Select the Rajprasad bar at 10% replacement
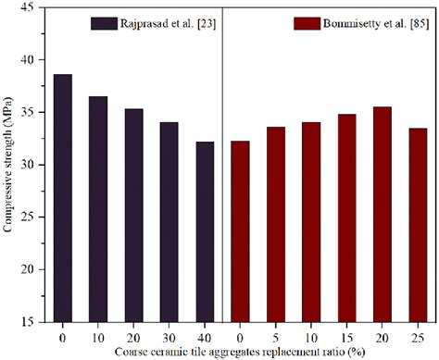97,208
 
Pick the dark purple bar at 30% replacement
169,221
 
